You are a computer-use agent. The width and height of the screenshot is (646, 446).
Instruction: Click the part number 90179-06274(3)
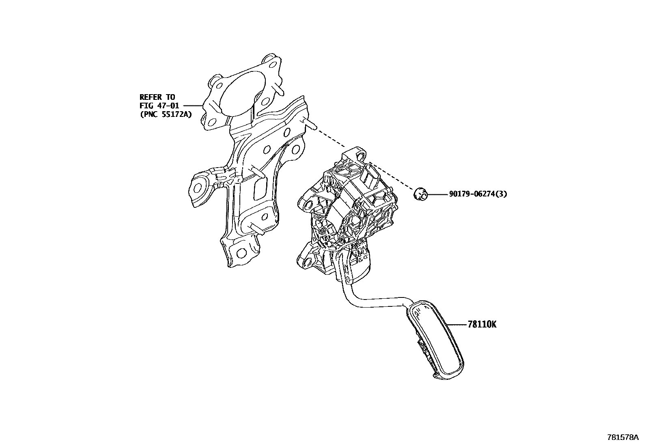[x=478, y=194]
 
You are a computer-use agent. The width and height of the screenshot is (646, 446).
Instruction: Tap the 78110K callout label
[x=482, y=324]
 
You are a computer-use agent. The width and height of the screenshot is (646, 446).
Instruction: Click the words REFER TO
[x=157, y=97]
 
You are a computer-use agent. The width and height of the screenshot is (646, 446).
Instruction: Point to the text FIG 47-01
[x=159, y=106]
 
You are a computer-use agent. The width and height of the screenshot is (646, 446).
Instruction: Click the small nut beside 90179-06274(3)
[x=420, y=194]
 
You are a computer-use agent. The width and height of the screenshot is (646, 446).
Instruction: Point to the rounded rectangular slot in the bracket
[x=258, y=189]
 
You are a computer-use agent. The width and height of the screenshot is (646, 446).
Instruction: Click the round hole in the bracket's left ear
[x=199, y=187]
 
